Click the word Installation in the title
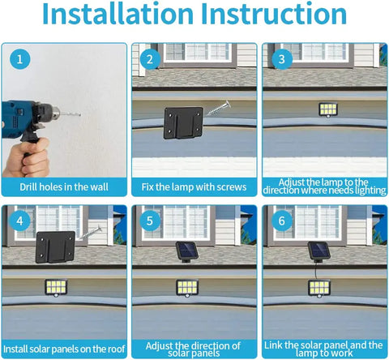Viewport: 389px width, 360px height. click(118, 14)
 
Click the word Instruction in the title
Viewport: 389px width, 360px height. click(274, 14)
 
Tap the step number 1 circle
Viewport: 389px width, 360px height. click(19, 59)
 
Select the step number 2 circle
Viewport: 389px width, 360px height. click(150, 59)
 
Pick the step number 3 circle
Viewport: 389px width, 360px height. click(282, 59)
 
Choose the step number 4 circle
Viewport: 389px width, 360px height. click(19, 221)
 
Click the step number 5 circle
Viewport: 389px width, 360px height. click(150, 221)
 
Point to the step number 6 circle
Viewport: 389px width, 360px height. click(281, 221)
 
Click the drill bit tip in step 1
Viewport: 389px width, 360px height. click(80, 115)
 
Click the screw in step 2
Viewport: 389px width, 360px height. click(218, 109)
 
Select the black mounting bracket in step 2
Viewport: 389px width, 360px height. click(183, 123)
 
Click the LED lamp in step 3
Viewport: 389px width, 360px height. click(328, 109)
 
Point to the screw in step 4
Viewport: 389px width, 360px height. click(90, 233)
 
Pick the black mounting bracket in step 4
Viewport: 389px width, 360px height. click(55, 246)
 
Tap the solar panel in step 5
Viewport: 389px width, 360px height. click(187, 251)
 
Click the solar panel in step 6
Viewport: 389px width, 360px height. click(319, 251)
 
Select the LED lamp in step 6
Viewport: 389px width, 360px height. click(319, 289)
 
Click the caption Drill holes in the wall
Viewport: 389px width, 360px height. click(64, 187)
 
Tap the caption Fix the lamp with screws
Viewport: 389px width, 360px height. click(194, 187)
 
